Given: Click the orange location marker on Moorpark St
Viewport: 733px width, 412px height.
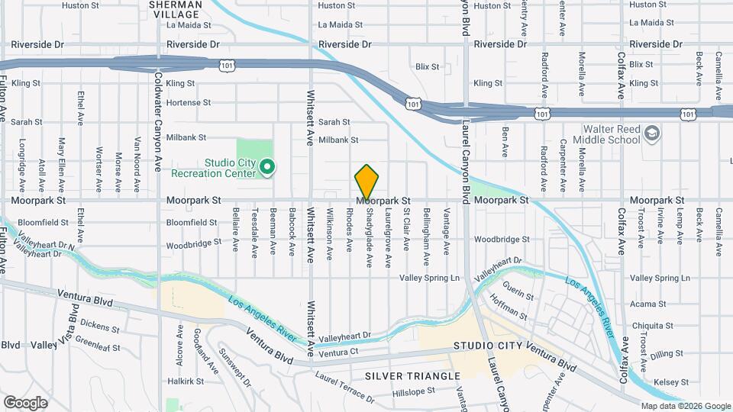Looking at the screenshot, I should pos(367,182).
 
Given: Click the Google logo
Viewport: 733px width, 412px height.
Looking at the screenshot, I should pos(25,402).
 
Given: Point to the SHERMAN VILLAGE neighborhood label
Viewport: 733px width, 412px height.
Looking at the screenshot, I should pos(176,9).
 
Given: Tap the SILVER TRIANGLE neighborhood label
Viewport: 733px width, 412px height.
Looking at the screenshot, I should pos(412,376).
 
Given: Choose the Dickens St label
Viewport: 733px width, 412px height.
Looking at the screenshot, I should pos(99,325).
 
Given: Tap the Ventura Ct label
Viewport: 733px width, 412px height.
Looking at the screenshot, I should pos(339,352).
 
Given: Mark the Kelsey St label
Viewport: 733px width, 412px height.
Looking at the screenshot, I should pos(666,381).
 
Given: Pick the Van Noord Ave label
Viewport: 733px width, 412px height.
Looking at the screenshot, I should pos(137,164).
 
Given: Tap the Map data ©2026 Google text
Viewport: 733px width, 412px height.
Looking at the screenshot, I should pos(685,406).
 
